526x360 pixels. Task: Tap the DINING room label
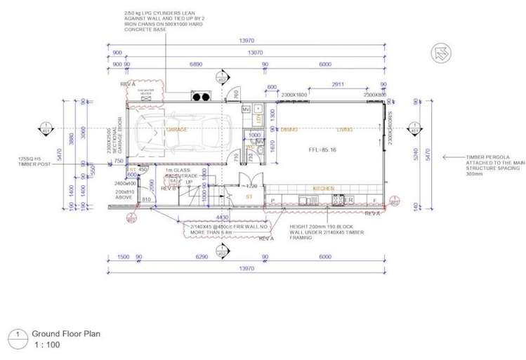289,130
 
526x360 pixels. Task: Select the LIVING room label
345,130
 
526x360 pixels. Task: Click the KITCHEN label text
322,188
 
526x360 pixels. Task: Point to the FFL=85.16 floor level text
322,150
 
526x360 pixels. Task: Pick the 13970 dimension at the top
245,41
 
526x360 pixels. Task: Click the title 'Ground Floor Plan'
66,334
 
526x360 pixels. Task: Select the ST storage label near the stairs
249,199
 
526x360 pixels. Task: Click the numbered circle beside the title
15,334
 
